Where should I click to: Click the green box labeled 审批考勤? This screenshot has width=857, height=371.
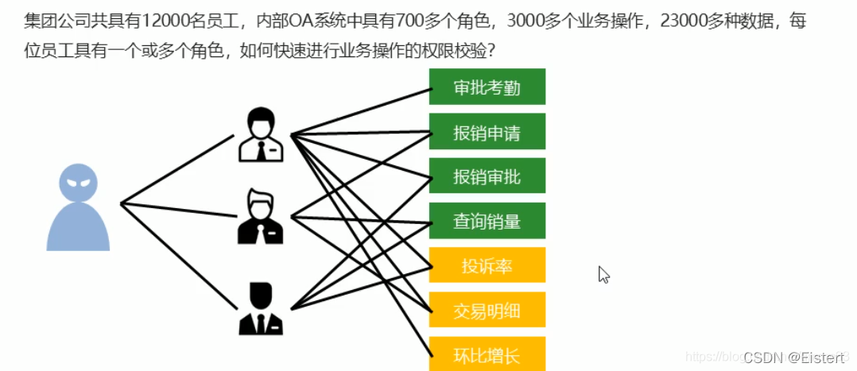click(x=487, y=87)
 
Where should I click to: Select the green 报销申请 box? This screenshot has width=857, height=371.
click(x=487, y=131)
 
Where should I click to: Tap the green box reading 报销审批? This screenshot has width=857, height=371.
click(x=487, y=176)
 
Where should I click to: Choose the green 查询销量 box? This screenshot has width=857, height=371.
click(x=487, y=221)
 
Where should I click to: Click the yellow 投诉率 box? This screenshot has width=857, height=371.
click(x=487, y=265)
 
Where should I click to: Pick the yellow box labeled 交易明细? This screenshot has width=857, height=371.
click(x=487, y=310)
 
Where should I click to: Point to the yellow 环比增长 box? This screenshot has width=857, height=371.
click(x=487, y=354)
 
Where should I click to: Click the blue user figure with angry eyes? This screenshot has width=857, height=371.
click(x=78, y=207)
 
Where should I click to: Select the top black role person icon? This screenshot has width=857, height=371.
click(x=261, y=135)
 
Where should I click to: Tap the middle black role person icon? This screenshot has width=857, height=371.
click(x=261, y=216)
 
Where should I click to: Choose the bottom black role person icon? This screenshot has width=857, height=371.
click(x=261, y=308)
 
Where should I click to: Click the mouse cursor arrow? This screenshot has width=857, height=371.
click(x=603, y=274)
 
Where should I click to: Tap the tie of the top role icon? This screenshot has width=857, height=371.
click(x=262, y=150)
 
